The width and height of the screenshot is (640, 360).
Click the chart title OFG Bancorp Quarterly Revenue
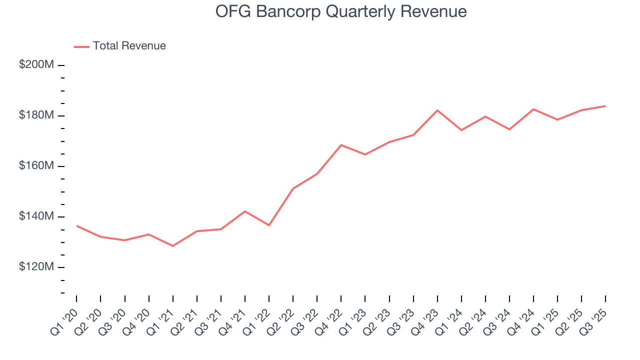click(x=341, y=11)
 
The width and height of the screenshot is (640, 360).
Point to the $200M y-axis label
click(x=36, y=65)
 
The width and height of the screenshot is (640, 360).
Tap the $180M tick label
click(x=36, y=115)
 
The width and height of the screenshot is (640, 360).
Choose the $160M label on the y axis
click(x=36, y=166)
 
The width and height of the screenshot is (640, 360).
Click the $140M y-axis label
click(x=36, y=216)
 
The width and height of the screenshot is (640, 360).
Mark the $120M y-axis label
click(x=36, y=267)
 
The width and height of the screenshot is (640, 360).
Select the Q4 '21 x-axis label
click(x=234, y=321)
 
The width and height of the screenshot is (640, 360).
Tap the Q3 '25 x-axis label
click(x=594, y=321)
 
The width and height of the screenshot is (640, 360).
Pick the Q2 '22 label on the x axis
click(x=282, y=321)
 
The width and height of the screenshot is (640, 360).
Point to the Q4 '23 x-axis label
click(x=426, y=321)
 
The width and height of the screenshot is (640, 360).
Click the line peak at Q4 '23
click(x=437, y=110)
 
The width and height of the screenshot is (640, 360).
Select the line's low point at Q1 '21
click(x=173, y=246)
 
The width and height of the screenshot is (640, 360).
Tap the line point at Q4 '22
click(x=341, y=145)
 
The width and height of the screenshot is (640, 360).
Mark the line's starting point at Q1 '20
click(x=76, y=225)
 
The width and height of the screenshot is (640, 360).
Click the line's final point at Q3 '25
click(x=605, y=106)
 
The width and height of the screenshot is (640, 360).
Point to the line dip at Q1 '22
click(x=269, y=225)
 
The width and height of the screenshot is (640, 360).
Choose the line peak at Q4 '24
click(x=533, y=109)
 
